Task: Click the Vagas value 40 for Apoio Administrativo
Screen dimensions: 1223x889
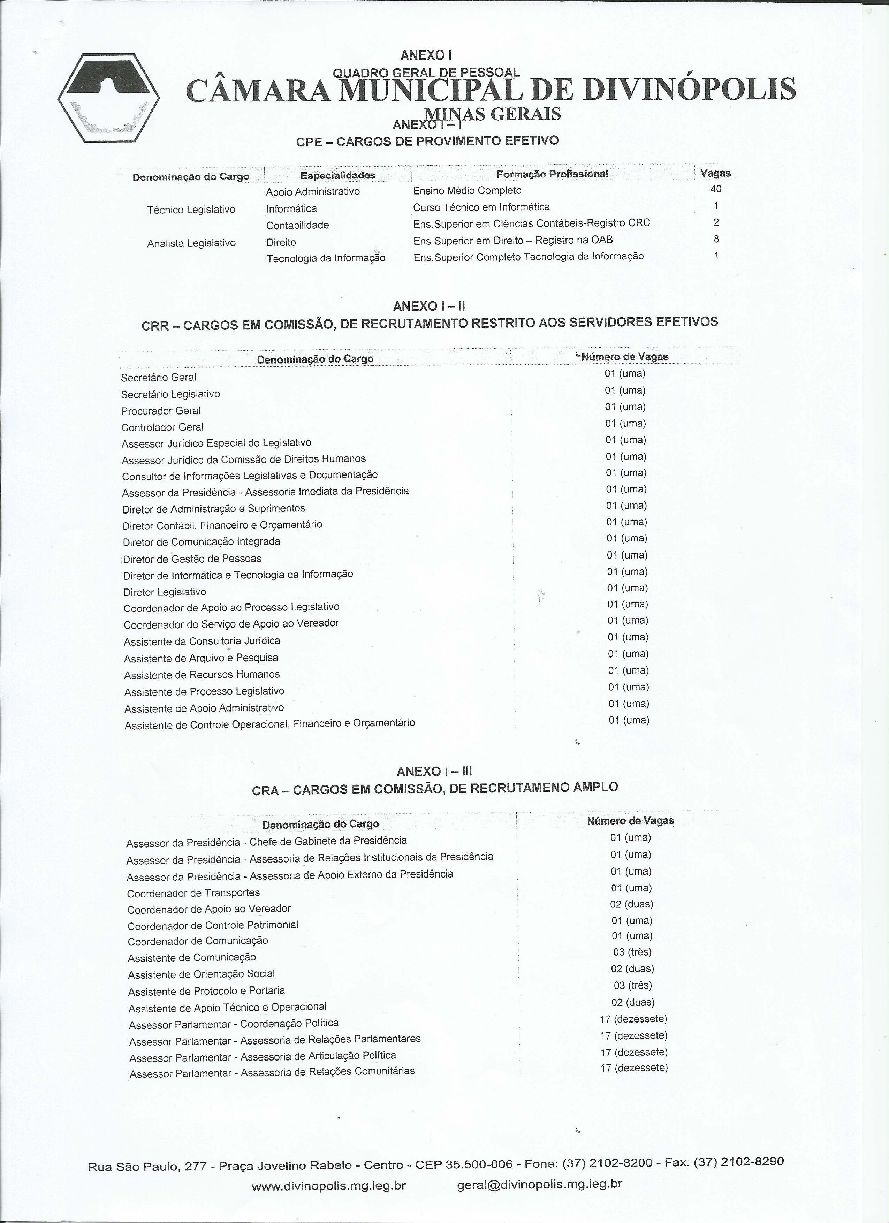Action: [715, 189]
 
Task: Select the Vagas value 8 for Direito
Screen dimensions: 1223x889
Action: [716, 239]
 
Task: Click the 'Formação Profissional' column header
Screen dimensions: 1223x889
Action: [552, 174]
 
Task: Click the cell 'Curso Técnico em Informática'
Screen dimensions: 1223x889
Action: [481, 207]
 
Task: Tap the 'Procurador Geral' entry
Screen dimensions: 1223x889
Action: [161, 410]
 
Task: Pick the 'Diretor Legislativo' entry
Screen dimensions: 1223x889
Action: [165, 592]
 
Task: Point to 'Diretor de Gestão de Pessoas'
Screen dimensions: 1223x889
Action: [192, 559]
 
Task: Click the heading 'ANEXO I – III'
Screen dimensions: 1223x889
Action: [434, 772]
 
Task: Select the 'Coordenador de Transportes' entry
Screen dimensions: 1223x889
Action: [193, 893]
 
